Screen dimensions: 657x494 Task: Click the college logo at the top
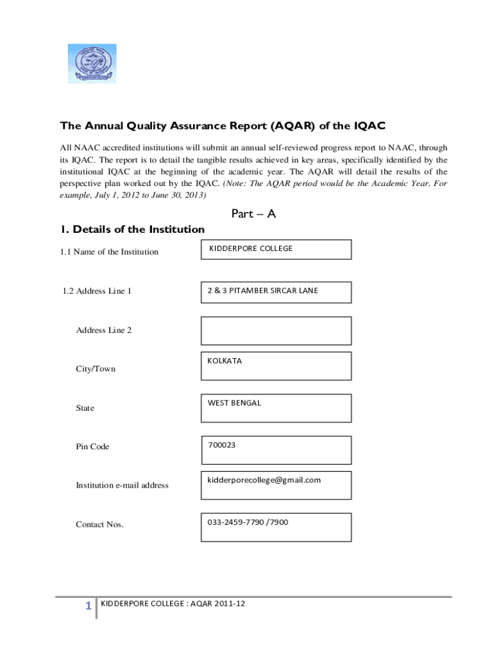pyautogui.click(x=92, y=64)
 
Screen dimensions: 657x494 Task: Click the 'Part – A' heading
pyautogui.click(x=253, y=214)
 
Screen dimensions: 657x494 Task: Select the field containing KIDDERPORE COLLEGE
pyautogui.click(x=276, y=249)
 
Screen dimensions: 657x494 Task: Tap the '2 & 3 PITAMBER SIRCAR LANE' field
pyautogui.click(x=276, y=292)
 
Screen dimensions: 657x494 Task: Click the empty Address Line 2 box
pyautogui.click(x=276, y=330)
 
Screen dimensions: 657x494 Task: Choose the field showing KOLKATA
pyautogui.click(x=276, y=366)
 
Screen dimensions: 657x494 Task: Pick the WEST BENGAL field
pyautogui.click(x=276, y=408)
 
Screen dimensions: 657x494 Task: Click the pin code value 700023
pyautogui.click(x=221, y=444)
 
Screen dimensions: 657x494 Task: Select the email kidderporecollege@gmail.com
pyautogui.click(x=264, y=480)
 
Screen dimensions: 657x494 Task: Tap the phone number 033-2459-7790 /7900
pyautogui.click(x=248, y=522)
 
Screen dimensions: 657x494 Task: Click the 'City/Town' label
pyautogui.click(x=96, y=369)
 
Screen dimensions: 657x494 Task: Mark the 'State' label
pyautogui.click(x=85, y=408)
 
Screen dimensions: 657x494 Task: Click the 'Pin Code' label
pyautogui.click(x=92, y=447)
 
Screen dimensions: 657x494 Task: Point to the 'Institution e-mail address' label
pyautogui.click(x=122, y=485)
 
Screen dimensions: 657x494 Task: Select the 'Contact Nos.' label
pyautogui.click(x=99, y=524)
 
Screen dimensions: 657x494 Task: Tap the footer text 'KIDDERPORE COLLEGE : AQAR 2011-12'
pyautogui.click(x=173, y=604)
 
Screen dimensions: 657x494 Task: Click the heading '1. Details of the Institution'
pyautogui.click(x=132, y=229)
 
